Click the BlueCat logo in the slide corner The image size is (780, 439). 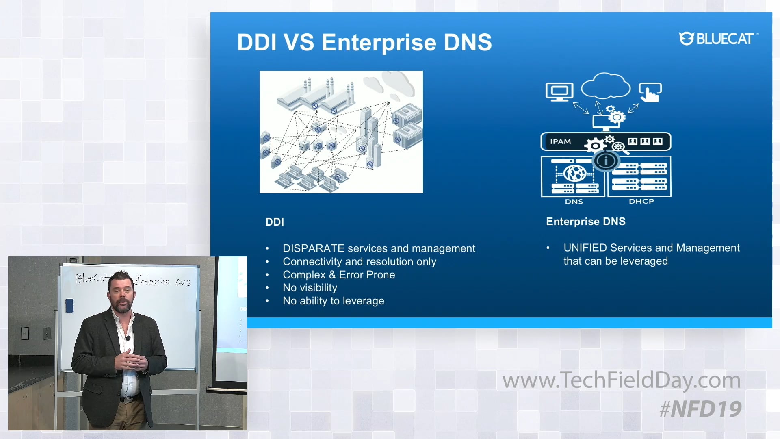point(717,39)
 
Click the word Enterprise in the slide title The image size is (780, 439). point(379,42)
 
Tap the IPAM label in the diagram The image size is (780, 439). point(560,142)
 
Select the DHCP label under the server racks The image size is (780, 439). point(641,201)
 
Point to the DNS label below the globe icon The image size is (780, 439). point(574,202)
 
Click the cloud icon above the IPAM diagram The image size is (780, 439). point(605,86)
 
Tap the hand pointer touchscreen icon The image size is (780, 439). point(650,92)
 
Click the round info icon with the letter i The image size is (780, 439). point(605,161)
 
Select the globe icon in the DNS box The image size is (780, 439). point(574,174)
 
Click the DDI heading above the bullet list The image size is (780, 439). point(275,222)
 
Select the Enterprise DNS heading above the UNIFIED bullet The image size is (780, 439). point(585,222)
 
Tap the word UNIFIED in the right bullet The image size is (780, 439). point(585,248)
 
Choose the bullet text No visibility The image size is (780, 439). point(310,288)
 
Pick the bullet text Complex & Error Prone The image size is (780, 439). point(339,275)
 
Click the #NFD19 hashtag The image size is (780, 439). point(700,409)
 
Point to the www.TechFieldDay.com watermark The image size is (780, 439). point(621,380)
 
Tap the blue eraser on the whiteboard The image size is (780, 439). point(69,306)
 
